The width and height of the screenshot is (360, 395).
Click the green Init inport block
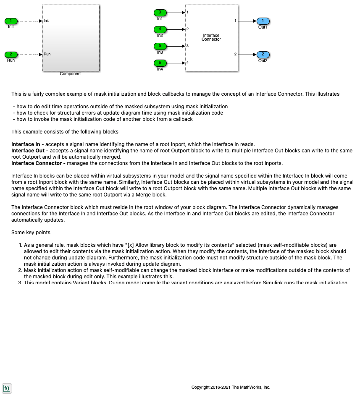[11, 21]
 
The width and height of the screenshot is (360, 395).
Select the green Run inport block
[11, 55]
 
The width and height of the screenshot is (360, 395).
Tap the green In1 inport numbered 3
[160, 13]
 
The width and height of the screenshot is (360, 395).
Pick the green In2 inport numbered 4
[160, 29]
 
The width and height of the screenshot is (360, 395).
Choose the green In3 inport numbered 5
[160, 46]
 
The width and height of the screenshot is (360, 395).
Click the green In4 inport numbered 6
[160, 63]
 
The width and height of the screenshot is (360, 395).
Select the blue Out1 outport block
[263, 21]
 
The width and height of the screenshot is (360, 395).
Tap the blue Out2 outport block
[263, 55]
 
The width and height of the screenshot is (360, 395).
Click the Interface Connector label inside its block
[211, 37]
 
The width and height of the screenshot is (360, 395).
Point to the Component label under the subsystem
[71, 74]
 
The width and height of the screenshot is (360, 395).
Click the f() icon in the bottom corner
[7, 388]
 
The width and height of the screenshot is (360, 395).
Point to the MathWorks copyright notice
[231, 387]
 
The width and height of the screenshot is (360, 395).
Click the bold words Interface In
[26, 144]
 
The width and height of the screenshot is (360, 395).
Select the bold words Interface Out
[28, 151]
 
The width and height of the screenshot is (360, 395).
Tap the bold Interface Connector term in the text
[38, 163]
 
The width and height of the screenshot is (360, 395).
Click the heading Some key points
[31, 233]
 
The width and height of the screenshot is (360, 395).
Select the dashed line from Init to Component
[29, 21]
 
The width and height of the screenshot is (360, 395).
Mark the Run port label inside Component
[47, 54]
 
